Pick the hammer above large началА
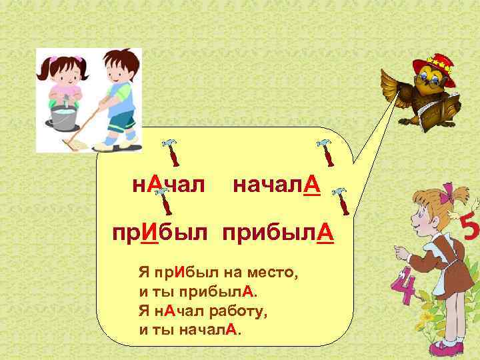(326, 152)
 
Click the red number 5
(469, 230)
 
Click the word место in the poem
(273, 273)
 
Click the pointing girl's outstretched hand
(401, 253)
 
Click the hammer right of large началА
(341, 201)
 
